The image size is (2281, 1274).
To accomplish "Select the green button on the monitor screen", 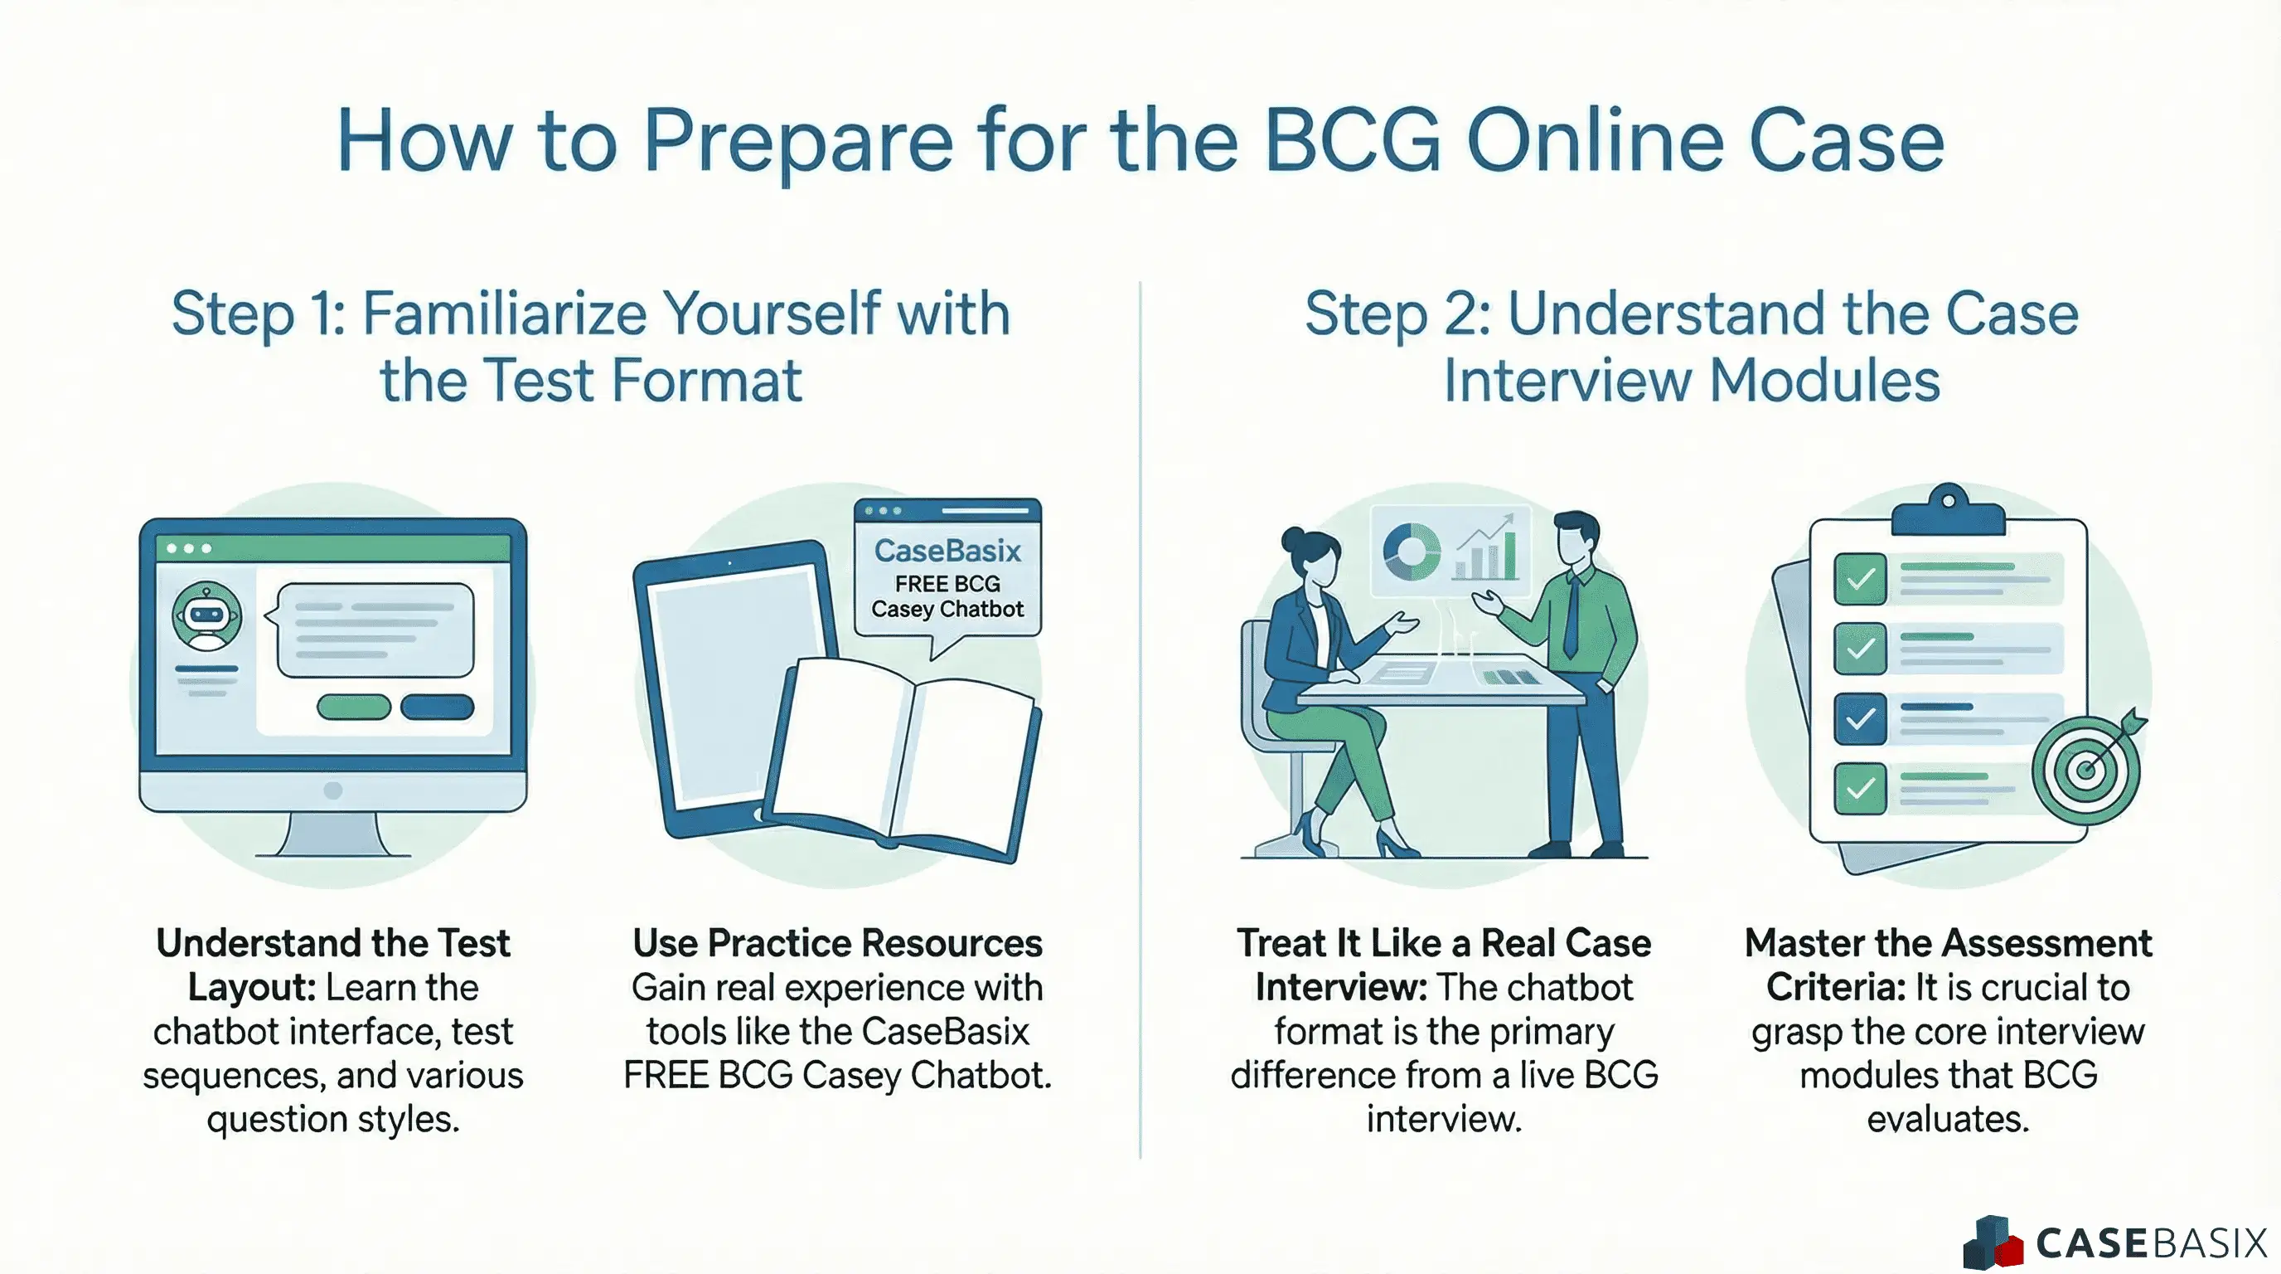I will point(353,706).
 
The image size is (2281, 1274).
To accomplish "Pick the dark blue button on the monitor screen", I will point(437,706).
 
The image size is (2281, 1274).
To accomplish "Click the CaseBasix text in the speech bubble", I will point(947,551).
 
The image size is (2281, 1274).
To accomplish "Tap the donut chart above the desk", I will point(1412,551).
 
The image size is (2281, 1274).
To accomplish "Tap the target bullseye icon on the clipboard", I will point(2086,769).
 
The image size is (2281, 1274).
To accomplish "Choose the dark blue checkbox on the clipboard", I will point(1859,717).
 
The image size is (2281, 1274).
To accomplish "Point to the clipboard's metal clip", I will point(1948,509).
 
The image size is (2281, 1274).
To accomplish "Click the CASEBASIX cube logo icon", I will point(1993,1242).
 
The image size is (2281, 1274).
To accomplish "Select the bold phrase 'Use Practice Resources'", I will point(837,943).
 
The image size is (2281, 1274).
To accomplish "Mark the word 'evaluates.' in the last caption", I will point(1947,1119).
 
